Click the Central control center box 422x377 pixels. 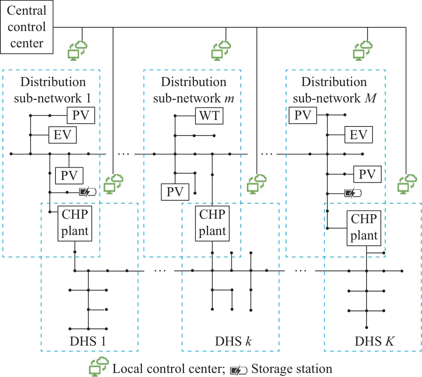click(x=27, y=27)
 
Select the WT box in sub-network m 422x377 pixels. click(x=209, y=116)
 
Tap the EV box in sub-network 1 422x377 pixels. click(x=62, y=135)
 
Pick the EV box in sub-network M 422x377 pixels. click(x=359, y=135)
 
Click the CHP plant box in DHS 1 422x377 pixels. click(x=75, y=224)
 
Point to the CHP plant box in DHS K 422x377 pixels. click(x=365, y=228)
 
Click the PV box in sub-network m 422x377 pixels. click(x=175, y=191)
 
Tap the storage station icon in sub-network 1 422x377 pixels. click(x=89, y=192)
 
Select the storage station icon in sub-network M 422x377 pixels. click(x=353, y=192)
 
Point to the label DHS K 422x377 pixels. click(x=374, y=342)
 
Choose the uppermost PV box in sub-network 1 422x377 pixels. click(x=81, y=115)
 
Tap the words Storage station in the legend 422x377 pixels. click(x=292, y=369)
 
